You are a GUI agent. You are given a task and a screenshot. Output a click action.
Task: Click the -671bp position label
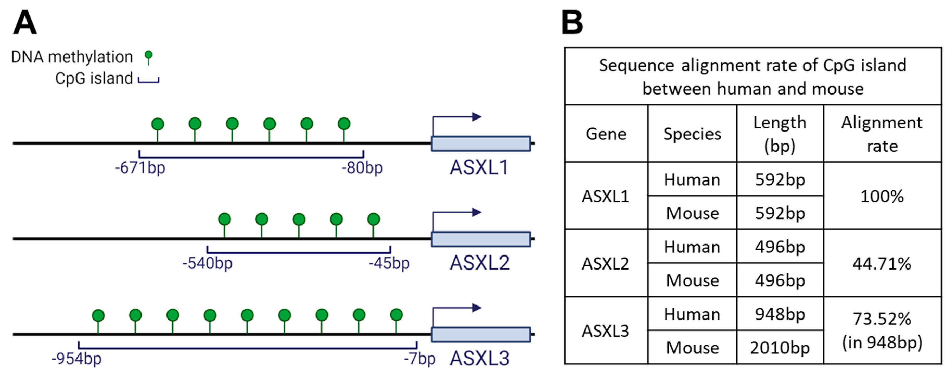tap(140, 168)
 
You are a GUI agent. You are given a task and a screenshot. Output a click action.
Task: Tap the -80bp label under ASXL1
tap(362, 168)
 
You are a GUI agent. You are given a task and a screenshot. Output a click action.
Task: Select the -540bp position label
tap(208, 264)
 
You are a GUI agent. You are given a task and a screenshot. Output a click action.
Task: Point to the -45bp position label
tap(389, 264)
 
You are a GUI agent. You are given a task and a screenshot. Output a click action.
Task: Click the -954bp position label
tap(76, 359)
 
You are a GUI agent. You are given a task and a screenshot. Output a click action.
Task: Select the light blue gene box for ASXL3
tap(481, 335)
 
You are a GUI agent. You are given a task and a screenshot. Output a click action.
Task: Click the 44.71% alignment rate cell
tap(882, 264)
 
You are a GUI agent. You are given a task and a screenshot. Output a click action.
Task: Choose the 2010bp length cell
tap(780, 348)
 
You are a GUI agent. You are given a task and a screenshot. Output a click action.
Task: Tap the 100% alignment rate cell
tap(882, 196)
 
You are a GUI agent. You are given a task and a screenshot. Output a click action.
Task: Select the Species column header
tap(692, 134)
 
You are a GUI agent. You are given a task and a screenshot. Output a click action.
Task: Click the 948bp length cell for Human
tap(780, 314)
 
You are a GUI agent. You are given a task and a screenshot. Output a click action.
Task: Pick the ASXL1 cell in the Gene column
tap(606, 196)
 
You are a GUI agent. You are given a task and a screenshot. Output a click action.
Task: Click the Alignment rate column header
tap(882, 134)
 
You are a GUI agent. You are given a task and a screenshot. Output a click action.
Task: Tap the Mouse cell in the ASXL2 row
tap(692, 280)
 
